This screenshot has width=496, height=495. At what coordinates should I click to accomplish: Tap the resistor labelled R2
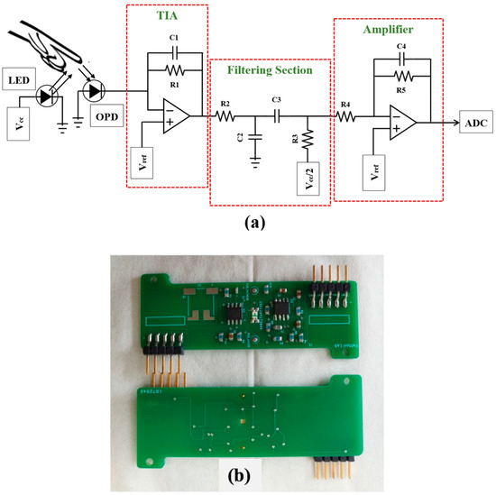point(225,116)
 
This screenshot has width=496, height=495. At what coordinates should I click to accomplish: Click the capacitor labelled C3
point(277,116)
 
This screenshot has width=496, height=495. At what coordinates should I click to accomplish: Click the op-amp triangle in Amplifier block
point(400,122)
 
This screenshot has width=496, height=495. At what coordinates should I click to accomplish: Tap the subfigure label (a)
point(248,219)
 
